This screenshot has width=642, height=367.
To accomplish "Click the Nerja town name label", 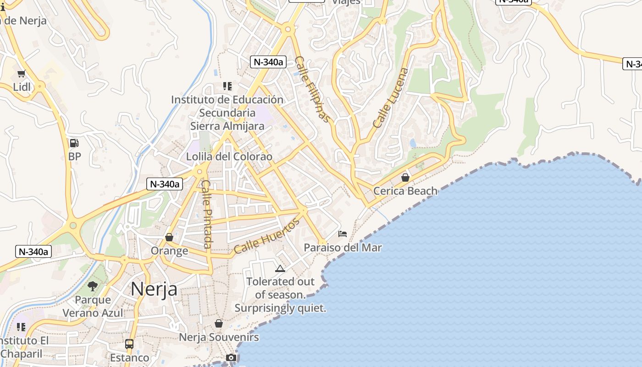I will pos(154,289).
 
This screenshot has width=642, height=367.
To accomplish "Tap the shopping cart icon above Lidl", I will pos(21,73).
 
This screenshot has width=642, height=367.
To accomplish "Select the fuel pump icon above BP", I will pos(74,143).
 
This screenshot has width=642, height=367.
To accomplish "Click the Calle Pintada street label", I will pos(206,214).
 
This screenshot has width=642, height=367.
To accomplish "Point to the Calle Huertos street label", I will pos(266,236).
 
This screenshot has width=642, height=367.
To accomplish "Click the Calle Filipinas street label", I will pos(313,89).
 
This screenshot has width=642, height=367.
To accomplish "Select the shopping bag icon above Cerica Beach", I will pos(405,177).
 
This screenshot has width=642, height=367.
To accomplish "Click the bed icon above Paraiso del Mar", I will pos(343,234).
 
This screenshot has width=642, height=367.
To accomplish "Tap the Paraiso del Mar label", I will pos(343,248).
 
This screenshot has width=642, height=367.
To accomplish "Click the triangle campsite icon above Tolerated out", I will pos(280,268).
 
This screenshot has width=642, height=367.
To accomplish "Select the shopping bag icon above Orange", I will pos(169,237).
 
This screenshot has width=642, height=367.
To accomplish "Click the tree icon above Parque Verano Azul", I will pos(93,286).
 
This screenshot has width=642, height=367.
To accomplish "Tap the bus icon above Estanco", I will pos(129,344).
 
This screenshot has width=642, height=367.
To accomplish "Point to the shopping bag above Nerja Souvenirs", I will pos(219,324).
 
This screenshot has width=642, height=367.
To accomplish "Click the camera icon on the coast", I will pos(231,357).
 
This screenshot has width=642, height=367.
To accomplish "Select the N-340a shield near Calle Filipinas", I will pos(268,62).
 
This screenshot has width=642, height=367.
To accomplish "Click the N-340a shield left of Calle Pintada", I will pos(165,184).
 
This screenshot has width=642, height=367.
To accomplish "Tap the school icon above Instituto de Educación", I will pos(227,86).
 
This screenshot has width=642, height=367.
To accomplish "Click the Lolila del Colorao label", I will pos(229,157).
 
